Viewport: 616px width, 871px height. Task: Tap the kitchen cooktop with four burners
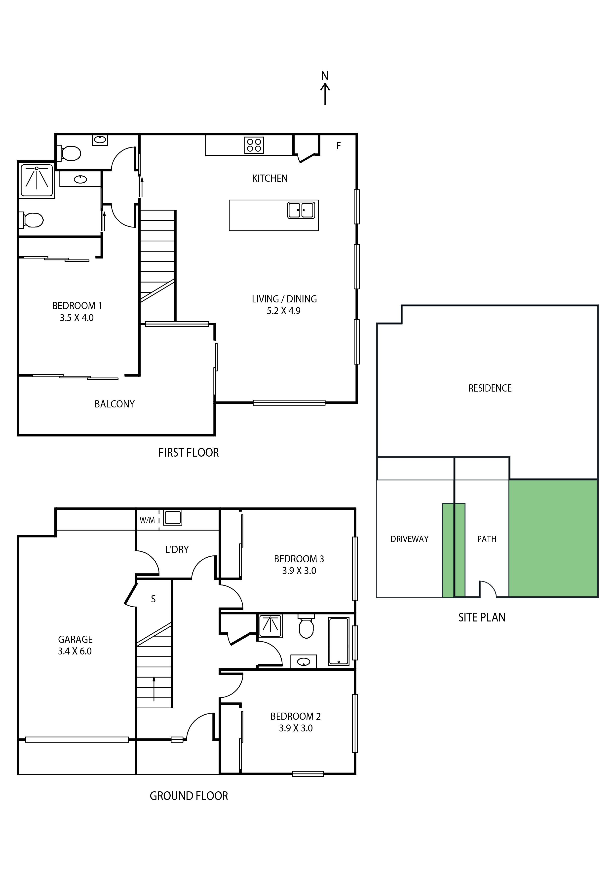pyautogui.click(x=254, y=145)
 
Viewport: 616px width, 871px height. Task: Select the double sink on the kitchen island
pyautogui.click(x=301, y=210)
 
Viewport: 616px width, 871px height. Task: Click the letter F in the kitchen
pyautogui.click(x=339, y=146)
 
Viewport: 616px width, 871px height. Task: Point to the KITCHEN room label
pyautogui.click(x=270, y=178)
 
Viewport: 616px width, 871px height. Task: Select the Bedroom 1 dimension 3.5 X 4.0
pyautogui.click(x=77, y=318)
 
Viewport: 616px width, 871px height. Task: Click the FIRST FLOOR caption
pyautogui.click(x=189, y=453)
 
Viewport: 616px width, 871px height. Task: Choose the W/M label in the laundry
pyautogui.click(x=147, y=520)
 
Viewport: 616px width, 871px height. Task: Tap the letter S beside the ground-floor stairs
pyautogui.click(x=153, y=599)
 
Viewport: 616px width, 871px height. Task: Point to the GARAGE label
pyautogui.click(x=75, y=640)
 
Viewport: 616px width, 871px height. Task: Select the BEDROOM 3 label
pyautogui.click(x=299, y=559)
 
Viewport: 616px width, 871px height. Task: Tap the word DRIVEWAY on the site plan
pyautogui.click(x=410, y=539)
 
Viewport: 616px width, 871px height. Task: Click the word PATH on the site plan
pyautogui.click(x=487, y=539)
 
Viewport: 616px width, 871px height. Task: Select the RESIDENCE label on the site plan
pyautogui.click(x=490, y=388)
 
